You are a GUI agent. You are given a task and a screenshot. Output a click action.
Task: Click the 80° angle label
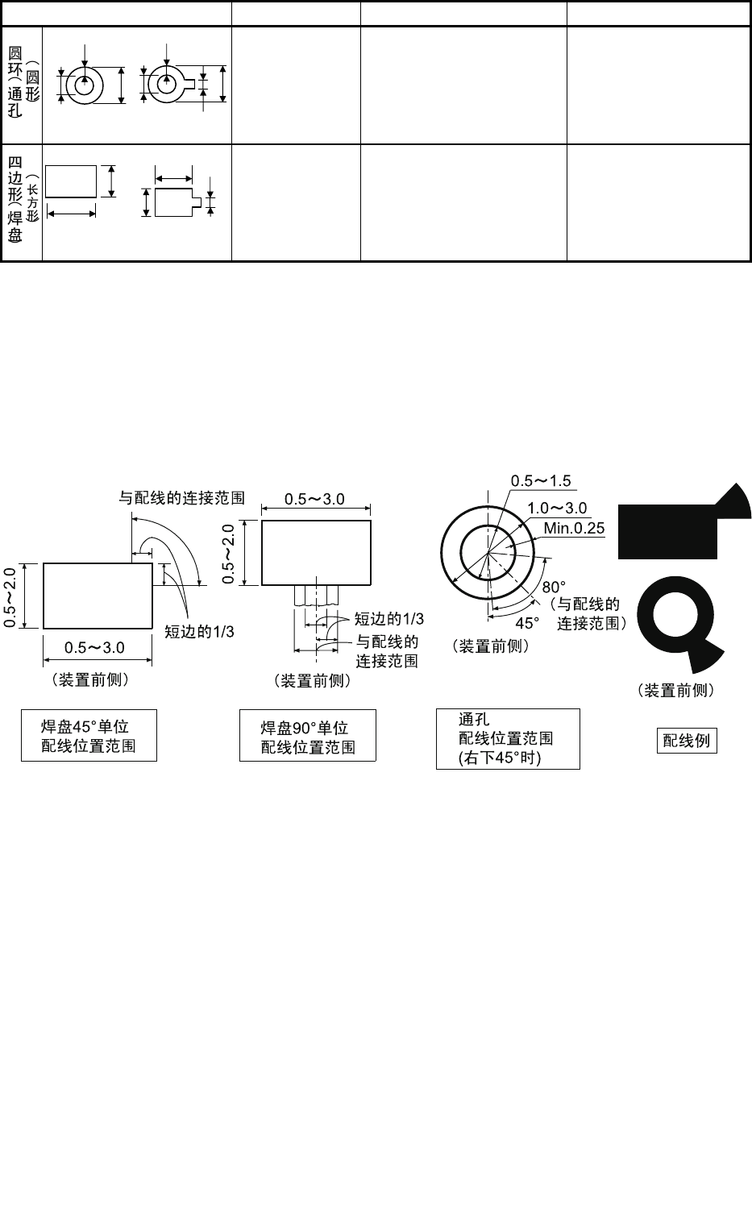[554, 587]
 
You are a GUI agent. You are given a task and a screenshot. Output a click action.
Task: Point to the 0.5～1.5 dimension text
[540, 481]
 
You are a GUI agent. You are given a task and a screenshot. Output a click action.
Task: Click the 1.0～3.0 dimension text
[557, 508]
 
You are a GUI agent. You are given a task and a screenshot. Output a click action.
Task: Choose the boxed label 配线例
[686, 740]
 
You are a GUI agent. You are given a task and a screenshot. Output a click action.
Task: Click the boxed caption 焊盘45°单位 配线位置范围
[89, 736]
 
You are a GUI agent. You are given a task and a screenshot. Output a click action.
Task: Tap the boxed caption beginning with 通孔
[507, 739]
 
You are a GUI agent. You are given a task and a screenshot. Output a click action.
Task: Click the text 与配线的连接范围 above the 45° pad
[181, 498]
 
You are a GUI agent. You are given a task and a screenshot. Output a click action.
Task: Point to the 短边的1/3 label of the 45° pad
[199, 631]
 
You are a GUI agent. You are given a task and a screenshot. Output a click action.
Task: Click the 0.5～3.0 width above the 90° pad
[315, 499]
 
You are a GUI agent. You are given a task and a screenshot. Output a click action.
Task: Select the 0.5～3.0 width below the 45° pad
[95, 647]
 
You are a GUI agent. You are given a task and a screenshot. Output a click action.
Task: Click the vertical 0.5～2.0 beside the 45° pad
[10, 596]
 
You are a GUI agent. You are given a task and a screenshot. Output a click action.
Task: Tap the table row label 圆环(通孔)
[22, 84]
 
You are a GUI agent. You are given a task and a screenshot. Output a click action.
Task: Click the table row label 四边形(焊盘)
[22, 201]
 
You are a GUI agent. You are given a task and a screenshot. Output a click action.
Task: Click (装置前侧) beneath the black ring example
[675, 690]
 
